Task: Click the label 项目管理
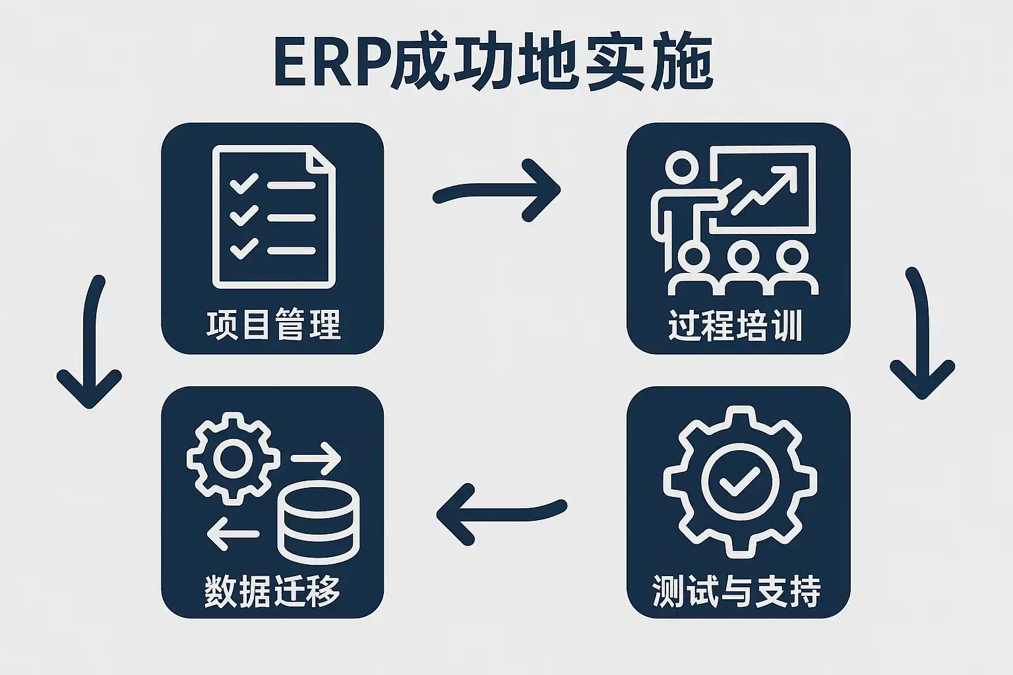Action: point(273,324)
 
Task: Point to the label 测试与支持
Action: point(737,591)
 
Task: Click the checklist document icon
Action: point(273,218)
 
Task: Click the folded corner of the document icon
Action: point(322,162)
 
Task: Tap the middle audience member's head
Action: point(743,256)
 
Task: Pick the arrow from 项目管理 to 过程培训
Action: point(497,191)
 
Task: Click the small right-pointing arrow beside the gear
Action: point(315,457)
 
